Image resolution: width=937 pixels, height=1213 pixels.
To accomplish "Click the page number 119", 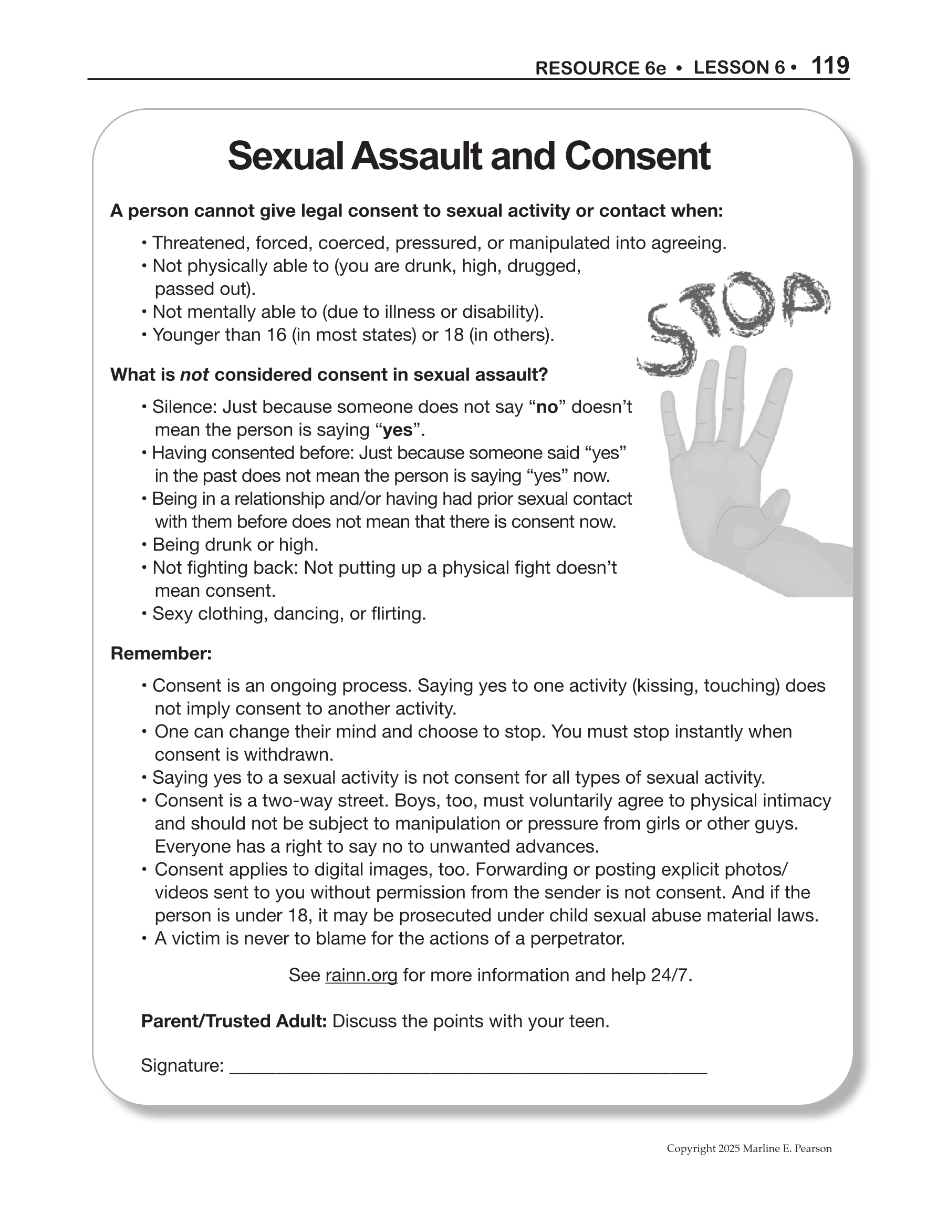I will tap(830, 66).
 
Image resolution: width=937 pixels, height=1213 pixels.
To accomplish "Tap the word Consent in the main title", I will tap(637, 156).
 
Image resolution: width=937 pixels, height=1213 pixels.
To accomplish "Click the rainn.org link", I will tap(361, 976).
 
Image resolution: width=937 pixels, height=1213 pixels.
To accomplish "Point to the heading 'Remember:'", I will tap(161, 653).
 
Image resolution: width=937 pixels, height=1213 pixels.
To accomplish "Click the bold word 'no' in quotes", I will tap(547, 407).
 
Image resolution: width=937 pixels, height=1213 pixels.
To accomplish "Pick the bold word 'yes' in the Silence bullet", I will tap(398, 430).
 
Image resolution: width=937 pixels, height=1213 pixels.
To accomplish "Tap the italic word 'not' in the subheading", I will tap(194, 375).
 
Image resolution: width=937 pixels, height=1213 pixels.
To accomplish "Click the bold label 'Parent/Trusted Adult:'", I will tap(234, 1021).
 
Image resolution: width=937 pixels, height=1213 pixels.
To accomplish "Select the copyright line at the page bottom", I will tap(749, 1148).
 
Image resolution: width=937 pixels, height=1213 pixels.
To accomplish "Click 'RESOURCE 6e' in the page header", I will tap(600, 68).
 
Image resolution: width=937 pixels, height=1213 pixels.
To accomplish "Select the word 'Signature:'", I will tap(182, 1065).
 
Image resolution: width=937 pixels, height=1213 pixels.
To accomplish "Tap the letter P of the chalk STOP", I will tap(804, 298).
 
